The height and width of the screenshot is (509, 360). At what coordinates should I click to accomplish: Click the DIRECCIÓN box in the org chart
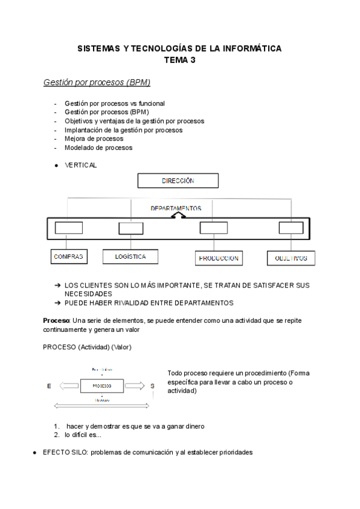tap(178, 181)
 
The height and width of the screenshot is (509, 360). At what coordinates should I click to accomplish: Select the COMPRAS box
tap(68, 257)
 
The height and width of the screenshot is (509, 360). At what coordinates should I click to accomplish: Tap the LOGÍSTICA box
tap(130, 257)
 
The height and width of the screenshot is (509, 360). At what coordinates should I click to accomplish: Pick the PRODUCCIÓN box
tap(218, 259)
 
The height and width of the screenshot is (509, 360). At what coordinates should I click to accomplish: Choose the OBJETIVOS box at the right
tap(291, 259)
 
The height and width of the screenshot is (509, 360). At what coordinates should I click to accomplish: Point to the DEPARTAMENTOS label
tap(176, 208)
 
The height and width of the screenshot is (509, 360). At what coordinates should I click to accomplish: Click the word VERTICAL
tap(80, 165)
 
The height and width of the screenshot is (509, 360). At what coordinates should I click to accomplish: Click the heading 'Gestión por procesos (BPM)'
tap(97, 82)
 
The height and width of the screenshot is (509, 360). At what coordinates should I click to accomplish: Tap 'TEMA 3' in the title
tap(180, 59)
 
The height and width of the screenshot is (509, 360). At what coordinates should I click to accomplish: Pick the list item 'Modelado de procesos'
tap(98, 148)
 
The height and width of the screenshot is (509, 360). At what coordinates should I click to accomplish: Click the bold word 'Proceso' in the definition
tap(56, 321)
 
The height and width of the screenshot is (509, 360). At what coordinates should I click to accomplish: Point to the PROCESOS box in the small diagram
tap(102, 385)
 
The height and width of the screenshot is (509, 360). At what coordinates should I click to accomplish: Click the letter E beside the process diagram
tap(49, 386)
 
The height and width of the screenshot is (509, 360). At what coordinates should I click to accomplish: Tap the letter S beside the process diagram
tap(152, 386)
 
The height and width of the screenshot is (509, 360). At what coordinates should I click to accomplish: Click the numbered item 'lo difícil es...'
tap(84, 435)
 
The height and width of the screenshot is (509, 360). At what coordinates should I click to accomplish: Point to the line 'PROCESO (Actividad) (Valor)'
tap(87, 348)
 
